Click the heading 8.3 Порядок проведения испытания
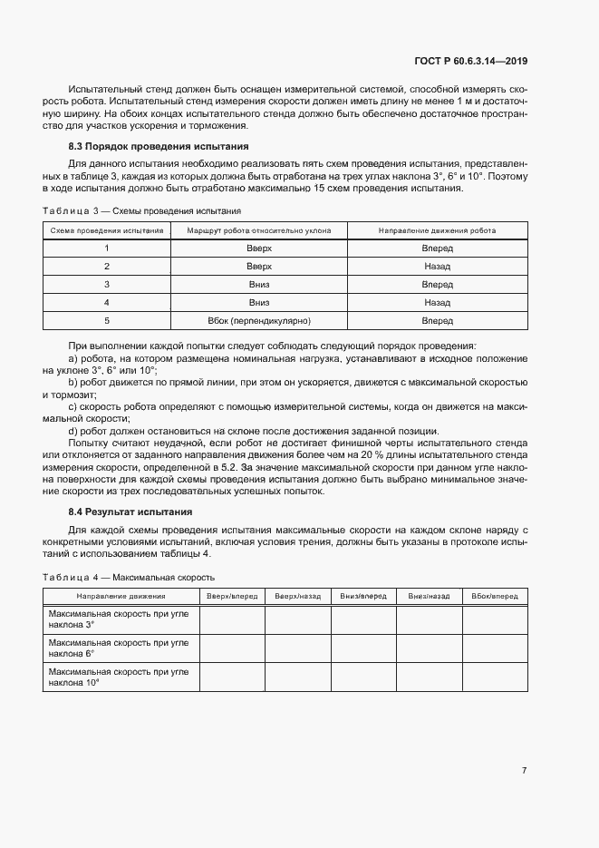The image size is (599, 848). coord(159,146)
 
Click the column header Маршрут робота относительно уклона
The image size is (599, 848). coord(259,230)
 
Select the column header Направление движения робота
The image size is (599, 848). coord(437,230)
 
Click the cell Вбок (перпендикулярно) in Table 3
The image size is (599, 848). coord(259,321)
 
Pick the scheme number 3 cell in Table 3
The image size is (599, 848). coord(106,285)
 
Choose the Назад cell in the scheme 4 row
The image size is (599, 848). coord(437,303)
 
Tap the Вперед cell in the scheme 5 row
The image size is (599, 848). coord(437,321)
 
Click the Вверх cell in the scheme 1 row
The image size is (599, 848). coord(259,249)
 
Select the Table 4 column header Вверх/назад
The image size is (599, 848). coord(297,597)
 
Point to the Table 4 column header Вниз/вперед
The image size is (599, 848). coord(363,597)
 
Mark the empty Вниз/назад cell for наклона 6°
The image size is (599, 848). coord(430,648)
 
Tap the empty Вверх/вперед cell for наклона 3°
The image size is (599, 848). coord(231,619)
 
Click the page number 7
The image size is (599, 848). coord(524,771)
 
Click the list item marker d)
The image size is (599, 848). coord(72,431)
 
